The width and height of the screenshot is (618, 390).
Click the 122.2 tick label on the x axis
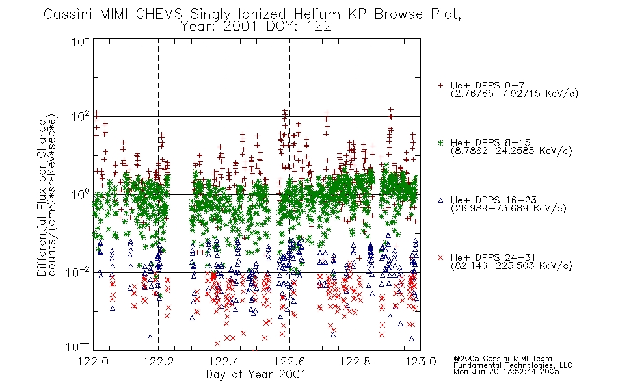tap(159, 361)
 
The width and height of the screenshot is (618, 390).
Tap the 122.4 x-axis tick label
tap(224, 361)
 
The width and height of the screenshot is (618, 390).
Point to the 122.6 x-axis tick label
tap(289, 361)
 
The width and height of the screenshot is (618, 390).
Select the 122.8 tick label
tap(355, 361)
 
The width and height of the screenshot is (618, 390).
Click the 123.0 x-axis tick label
tap(420, 361)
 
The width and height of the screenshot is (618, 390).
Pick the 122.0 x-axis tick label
tap(93, 361)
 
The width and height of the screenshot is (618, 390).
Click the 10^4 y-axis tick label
tap(81, 41)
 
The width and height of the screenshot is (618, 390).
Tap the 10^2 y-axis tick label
tap(81, 117)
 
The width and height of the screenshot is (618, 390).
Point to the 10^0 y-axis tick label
tap(81, 194)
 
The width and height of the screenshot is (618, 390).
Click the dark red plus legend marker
tap(440, 85)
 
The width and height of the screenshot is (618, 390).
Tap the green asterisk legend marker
tap(440, 142)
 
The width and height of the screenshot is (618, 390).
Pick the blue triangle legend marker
tap(440, 200)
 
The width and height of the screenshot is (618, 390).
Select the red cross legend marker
tap(440, 257)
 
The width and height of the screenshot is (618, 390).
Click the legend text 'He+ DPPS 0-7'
tap(487, 85)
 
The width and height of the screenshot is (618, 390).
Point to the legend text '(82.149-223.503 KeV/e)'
tap(511, 266)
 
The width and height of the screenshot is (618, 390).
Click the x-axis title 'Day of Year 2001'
tap(256, 374)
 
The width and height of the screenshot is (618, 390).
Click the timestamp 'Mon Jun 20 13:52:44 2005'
tap(506, 372)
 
